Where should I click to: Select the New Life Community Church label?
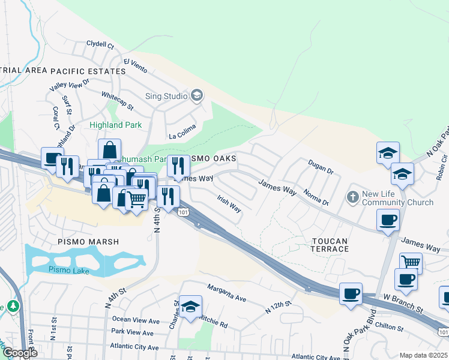[397, 198]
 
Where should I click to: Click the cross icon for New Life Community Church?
[353, 196]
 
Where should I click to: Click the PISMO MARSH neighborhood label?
[88, 242]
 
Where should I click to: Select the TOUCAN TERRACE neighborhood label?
[330, 246]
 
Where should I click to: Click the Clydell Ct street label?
[100, 44]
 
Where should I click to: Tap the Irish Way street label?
[229, 204]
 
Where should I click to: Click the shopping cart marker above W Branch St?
[411, 263]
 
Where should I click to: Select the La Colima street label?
[182, 136]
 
